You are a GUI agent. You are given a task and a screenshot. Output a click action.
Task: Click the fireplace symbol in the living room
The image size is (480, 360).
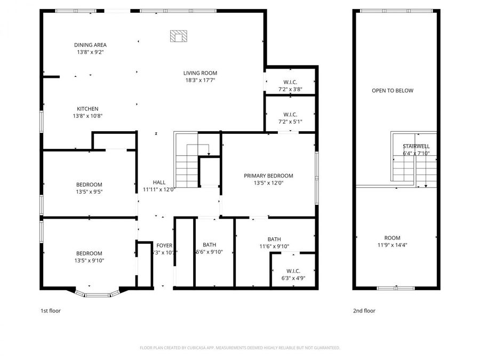(x=179, y=36)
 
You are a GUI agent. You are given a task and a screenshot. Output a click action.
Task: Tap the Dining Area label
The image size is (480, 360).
(x=90, y=45)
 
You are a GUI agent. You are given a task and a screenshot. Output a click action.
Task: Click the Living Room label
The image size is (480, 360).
(x=200, y=73)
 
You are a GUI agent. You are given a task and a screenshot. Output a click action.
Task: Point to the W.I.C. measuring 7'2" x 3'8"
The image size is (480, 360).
(x=290, y=85)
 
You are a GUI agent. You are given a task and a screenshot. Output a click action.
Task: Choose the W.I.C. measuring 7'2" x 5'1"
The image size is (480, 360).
(x=290, y=118)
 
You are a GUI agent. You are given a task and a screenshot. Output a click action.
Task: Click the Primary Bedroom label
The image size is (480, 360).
(x=268, y=176)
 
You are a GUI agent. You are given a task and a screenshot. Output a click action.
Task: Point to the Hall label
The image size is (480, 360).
(x=159, y=182)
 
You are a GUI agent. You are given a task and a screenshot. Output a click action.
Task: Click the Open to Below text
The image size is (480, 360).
(x=392, y=91)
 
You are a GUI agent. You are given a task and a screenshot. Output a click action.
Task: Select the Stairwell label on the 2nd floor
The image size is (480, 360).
(x=416, y=146)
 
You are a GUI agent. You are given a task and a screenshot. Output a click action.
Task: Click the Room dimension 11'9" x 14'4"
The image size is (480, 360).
(x=392, y=245)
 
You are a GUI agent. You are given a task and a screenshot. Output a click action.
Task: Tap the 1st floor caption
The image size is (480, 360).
(x=51, y=310)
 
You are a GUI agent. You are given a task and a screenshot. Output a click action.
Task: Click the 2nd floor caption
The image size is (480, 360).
(x=364, y=310)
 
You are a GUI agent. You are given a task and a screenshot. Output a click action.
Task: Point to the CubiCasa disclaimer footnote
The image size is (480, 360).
(x=239, y=348)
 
